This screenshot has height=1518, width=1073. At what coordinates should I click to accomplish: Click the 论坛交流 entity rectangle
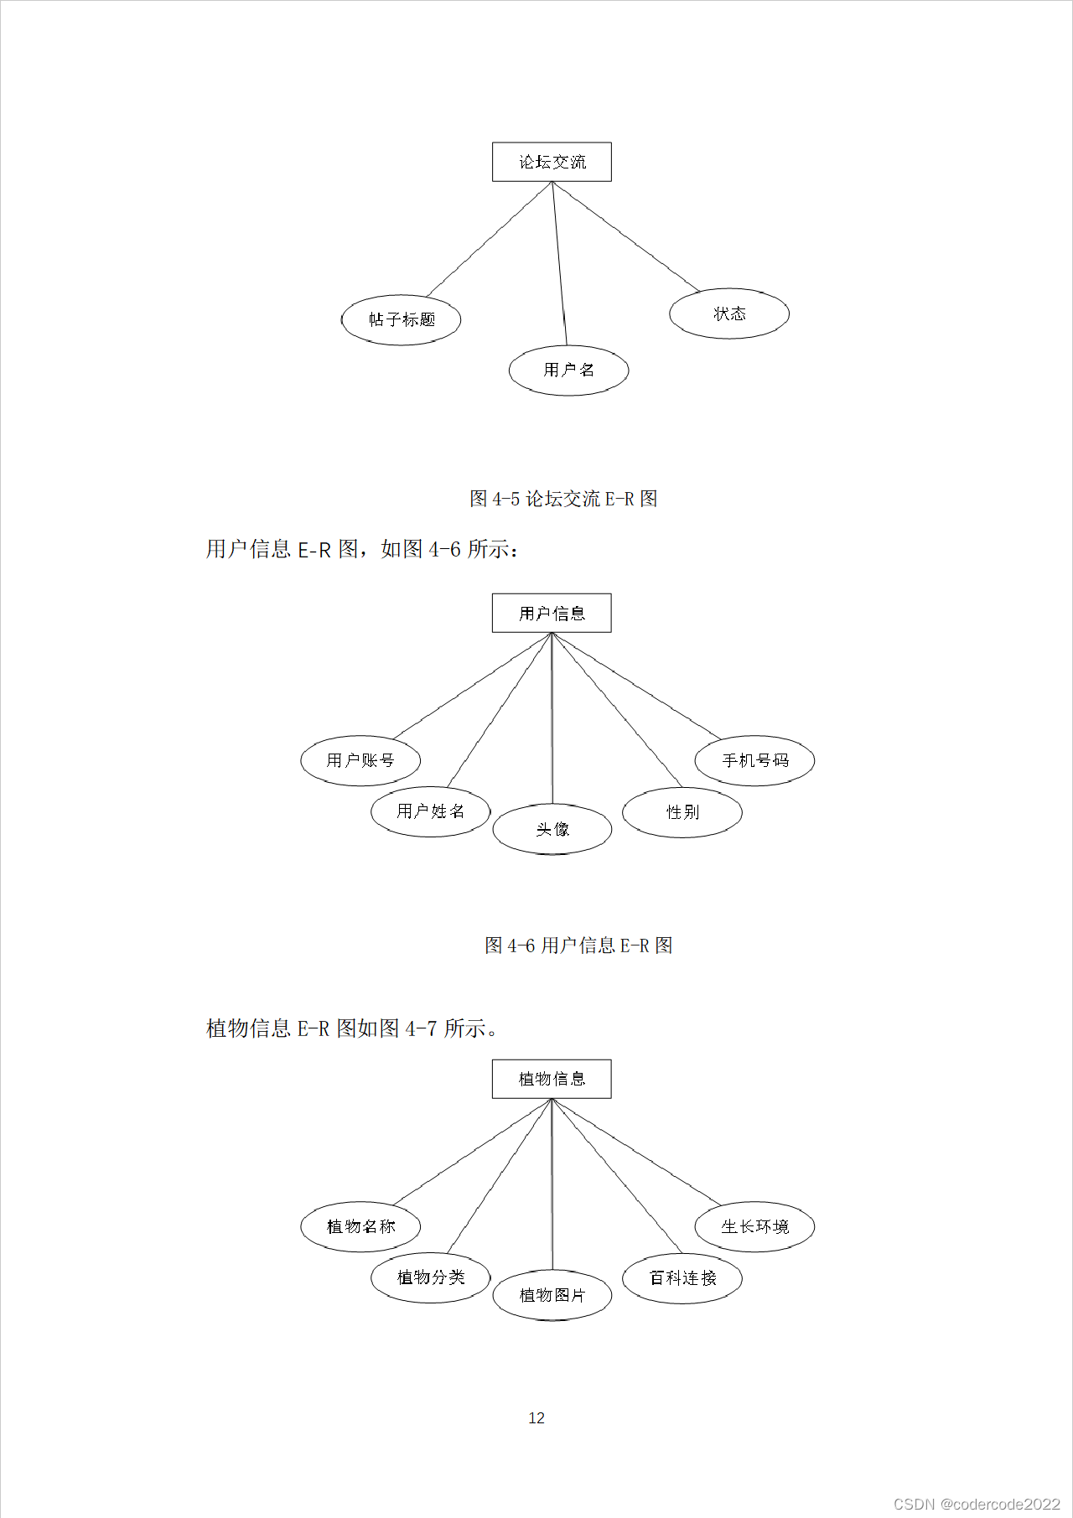tap(552, 162)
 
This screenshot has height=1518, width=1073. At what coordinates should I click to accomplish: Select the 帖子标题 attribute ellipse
tap(402, 319)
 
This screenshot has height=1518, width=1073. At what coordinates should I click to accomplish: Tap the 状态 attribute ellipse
tap(729, 313)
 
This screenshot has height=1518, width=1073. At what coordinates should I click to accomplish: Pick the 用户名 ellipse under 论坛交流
tap(568, 370)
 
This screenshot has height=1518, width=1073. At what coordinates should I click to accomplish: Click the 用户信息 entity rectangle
tap(552, 613)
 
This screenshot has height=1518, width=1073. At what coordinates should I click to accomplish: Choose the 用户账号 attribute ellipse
tap(360, 760)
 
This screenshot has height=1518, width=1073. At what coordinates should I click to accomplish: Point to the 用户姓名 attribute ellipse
tap(430, 811)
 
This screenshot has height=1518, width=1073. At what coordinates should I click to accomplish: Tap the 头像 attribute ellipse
tap(552, 829)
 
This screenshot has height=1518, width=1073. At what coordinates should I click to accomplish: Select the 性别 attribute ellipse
tap(682, 812)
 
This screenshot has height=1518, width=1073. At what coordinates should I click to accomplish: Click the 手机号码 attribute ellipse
tap(754, 760)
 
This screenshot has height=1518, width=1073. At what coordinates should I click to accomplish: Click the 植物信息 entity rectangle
tap(552, 1079)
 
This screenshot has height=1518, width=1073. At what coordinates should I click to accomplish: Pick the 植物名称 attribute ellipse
tap(360, 1226)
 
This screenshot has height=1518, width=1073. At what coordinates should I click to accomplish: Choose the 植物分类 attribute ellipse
tap(430, 1277)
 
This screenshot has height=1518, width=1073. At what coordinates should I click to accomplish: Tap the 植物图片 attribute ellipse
tap(552, 1295)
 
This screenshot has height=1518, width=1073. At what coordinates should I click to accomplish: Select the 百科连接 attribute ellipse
tap(682, 1278)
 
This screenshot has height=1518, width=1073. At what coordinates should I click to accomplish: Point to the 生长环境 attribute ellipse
tap(754, 1226)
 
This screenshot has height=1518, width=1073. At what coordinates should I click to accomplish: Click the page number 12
tap(536, 1417)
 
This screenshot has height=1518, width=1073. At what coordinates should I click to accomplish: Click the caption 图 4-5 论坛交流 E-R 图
tap(563, 499)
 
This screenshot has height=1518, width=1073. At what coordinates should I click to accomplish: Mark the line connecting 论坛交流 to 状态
tap(627, 237)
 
